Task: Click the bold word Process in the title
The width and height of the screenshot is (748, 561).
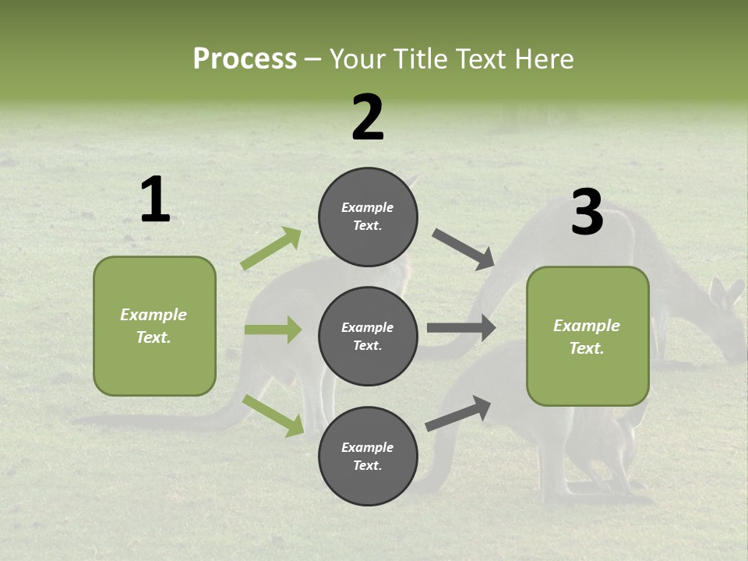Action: [x=245, y=59]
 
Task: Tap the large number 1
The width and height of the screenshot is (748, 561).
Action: [x=155, y=200]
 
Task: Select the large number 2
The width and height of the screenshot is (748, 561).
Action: [x=368, y=118]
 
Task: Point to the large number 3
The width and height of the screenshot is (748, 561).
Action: [x=587, y=213]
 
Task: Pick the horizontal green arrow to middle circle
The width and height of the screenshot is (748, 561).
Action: [x=273, y=330]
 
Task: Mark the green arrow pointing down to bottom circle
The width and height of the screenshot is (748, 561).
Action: [x=273, y=415]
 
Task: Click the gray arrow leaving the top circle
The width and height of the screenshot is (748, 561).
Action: [x=464, y=249]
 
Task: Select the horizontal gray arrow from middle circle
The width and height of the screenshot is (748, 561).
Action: [x=461, y=328]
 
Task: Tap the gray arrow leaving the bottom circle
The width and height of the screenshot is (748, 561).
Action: [x=458, y=413]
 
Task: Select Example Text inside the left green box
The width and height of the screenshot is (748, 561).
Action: [x=153, y=326]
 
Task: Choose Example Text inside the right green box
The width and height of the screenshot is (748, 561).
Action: [x=587, y=337]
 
